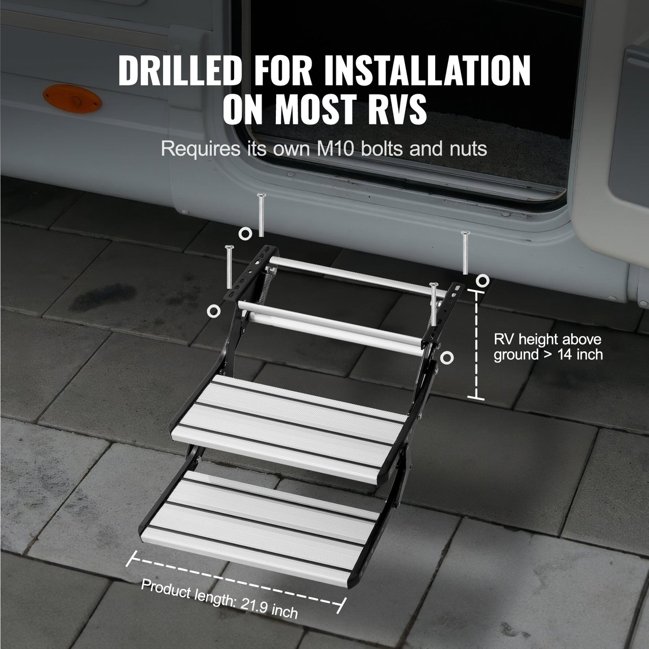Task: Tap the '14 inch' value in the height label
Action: click(x=580, y=354)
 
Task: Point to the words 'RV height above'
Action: click(x=547, y=340)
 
